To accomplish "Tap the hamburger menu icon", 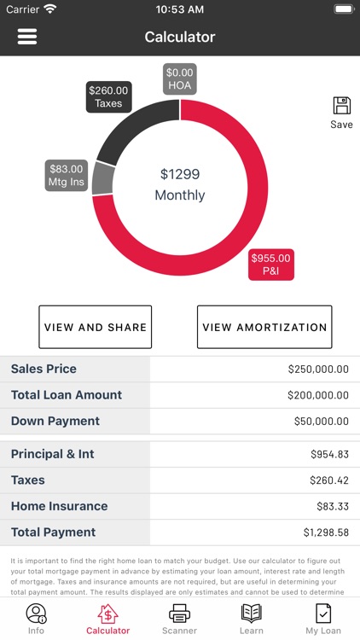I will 27,37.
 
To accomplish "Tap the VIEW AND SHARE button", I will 96,327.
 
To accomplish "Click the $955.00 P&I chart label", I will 270,265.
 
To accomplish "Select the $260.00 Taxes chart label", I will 108,96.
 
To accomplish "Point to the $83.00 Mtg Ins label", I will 67,176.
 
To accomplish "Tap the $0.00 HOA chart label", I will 180,79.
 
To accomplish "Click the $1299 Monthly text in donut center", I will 180,184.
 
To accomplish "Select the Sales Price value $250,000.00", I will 318,369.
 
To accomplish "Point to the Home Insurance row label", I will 59,506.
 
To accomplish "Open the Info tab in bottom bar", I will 36,619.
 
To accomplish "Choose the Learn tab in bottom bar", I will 252,619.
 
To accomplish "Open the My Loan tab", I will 323,619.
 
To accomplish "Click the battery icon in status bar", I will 343,9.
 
